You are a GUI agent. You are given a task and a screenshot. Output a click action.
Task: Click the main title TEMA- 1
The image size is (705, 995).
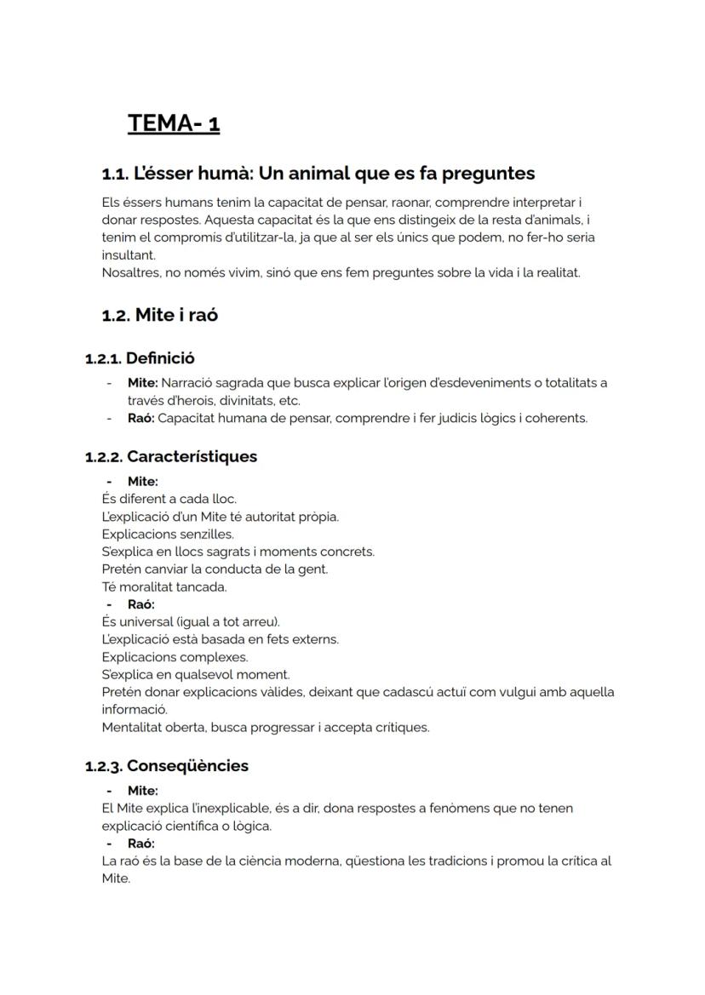pos(174,123)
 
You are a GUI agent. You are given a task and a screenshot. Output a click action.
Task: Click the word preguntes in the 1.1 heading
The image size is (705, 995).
pos(488,174)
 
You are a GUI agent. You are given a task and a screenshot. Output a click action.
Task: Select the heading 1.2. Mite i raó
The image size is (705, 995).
pos(159,315)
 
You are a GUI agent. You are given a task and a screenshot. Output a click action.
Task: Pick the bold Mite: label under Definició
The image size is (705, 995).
pos(142,383)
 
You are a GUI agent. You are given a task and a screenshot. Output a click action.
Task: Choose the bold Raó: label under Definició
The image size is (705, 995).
pos(140,418)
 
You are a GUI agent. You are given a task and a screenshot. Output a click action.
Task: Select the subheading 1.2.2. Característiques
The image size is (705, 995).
pos(170,457)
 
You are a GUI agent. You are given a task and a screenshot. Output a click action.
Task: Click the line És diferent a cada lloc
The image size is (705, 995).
pos(169,499)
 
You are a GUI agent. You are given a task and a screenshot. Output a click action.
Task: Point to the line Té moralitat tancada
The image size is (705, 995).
pos(164,586)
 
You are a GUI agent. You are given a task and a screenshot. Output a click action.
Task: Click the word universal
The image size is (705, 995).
pos(146,621)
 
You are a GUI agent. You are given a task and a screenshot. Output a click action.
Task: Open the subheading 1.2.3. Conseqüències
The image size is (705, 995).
pos(167,766)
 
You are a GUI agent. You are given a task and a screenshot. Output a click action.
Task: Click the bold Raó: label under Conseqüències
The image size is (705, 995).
pos(140,843)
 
